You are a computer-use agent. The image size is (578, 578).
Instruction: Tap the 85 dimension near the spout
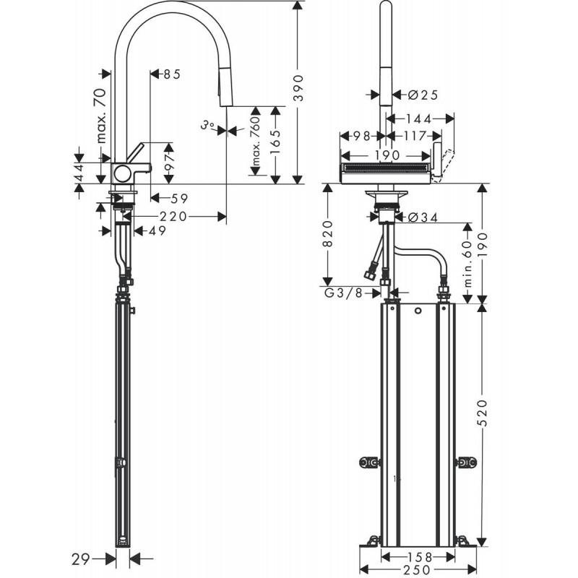(171, 74)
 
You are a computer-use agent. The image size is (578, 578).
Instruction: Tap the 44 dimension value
(80, 171)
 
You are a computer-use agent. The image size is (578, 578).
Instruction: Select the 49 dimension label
(157, 231)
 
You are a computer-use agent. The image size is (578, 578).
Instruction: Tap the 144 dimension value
(418, 118)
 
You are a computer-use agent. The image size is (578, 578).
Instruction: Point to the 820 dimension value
(327, 236)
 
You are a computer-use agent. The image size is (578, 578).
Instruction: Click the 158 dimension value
(418, 557)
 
